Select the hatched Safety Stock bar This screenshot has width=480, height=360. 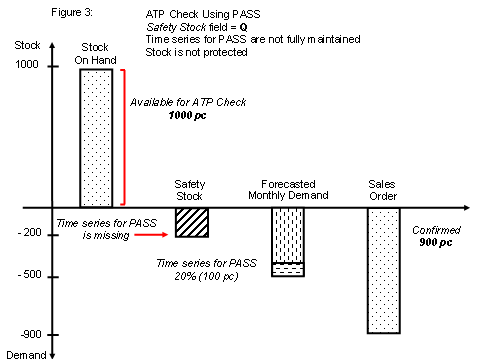point(190,222)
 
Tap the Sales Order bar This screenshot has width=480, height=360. point(384,270)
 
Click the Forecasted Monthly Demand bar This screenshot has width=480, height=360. point(288,241)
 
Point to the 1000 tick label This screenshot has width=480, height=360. point(27,65)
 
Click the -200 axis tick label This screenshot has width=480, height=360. point(28,233)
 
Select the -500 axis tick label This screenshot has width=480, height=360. point(28,275)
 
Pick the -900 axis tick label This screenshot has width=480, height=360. point(28,335)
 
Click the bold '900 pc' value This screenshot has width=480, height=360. point(435,242)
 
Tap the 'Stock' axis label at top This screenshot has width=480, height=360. point(27,46)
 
